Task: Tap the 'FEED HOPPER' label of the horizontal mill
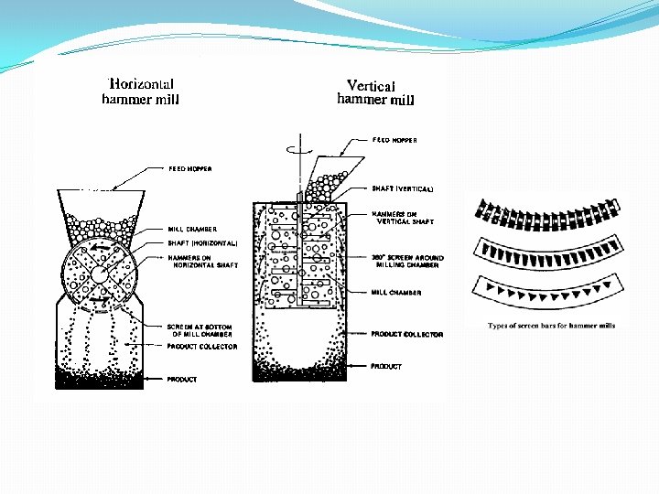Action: [x=190, y=168]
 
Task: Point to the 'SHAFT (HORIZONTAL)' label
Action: [x=202, y=243]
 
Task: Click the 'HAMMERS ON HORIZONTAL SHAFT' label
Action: [x=201, y=262]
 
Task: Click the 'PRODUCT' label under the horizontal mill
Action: [x=181, y=379]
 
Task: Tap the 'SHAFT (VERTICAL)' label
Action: [x=402, y=189]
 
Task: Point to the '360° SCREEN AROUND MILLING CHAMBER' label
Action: [x=407, y=262]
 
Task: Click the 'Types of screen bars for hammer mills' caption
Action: [x=551, y=325]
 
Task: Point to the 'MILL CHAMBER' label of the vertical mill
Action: [x=396, y=293]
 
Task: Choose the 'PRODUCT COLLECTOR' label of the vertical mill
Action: [x=406, y=334]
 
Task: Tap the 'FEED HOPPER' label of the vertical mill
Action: [x=394, y=140]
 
